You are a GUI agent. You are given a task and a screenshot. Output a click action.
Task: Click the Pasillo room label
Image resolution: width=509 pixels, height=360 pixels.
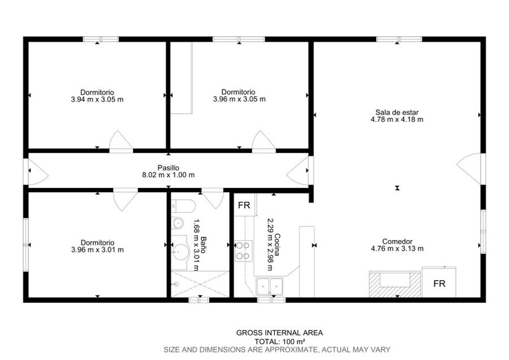[168, 168]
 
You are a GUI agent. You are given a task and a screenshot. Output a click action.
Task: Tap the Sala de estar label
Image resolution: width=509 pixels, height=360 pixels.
[397, 113]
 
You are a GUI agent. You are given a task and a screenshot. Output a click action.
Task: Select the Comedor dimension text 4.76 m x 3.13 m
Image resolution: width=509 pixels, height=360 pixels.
[397, 249]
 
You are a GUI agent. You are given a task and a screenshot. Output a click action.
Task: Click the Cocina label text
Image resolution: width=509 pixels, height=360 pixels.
[277, 245]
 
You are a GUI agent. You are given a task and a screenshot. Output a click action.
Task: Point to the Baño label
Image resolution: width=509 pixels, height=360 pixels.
[203, 245]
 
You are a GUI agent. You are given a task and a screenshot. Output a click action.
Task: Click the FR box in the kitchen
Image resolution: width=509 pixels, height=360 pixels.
[244, 205]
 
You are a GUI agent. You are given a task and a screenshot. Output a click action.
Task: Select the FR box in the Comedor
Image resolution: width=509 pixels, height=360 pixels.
[439, 282]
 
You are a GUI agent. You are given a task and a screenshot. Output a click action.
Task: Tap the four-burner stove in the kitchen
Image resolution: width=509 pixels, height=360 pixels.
[243, 251]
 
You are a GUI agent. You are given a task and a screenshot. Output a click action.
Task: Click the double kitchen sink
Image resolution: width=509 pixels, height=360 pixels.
[269, 286]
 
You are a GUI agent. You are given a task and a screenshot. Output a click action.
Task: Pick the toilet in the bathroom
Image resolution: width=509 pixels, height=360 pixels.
[183, 206]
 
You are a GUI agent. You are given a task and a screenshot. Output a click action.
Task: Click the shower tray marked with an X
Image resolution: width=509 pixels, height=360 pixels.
[200, 284]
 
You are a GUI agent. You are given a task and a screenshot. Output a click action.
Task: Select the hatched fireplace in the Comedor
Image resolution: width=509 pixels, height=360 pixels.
[395, 284]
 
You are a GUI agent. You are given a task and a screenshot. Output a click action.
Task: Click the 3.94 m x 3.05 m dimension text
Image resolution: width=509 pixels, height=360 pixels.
[97, 100]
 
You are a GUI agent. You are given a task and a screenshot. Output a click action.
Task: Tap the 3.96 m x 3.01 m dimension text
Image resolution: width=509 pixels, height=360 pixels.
[97, 250]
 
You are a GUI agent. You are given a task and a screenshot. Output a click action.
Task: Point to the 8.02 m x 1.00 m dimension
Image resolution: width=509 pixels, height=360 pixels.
[169, 175]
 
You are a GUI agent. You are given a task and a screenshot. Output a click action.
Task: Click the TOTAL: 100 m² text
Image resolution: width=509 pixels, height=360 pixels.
[279, 341]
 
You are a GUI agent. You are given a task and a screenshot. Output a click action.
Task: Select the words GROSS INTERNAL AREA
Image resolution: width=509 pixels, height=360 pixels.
[279, 333]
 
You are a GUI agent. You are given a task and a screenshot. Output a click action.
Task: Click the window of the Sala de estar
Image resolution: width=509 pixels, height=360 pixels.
[399, 39]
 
